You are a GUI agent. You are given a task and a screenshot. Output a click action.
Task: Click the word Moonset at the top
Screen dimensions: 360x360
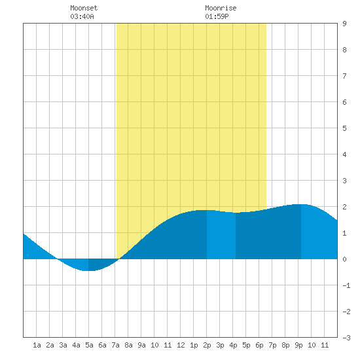(84, 8)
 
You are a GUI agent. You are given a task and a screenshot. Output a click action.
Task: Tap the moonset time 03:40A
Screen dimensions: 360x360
(82, 16)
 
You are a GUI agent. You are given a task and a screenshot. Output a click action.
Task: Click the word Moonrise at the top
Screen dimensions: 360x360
(221, 8)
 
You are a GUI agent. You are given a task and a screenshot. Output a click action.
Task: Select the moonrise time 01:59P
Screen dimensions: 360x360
(217, 16)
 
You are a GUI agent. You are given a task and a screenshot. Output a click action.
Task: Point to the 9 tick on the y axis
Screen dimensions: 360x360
(344, 24)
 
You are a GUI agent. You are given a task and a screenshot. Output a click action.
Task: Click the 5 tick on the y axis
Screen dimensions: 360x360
(344, 128)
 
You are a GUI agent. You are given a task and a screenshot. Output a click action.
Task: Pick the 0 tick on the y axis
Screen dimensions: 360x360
(344, 259)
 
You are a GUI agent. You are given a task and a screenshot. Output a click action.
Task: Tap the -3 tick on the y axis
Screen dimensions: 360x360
(346, 338)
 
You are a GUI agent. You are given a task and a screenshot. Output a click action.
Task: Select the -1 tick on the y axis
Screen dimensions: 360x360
(346, 285)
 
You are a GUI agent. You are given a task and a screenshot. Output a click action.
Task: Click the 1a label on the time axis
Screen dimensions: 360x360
(37, 345)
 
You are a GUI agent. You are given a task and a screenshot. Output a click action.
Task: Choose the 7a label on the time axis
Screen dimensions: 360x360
(115, 345)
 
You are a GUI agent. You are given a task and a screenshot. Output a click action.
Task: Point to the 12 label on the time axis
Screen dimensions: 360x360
(181, 345)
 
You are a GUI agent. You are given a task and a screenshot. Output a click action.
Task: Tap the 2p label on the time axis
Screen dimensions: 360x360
(207, 345)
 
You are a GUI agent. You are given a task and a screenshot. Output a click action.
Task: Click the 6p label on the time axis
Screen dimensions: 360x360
(259, 345)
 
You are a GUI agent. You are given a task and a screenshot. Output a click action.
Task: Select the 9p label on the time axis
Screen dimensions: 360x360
(298, 345)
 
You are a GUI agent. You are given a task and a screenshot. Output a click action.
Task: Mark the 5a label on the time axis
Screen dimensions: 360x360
(89, 345)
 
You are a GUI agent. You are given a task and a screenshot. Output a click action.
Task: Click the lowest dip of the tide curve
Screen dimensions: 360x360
(88, 271)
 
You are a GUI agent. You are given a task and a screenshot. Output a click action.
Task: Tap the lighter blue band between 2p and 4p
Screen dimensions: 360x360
(221, 236)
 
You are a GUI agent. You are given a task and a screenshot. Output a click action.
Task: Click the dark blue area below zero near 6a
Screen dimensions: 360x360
(100, 264)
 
